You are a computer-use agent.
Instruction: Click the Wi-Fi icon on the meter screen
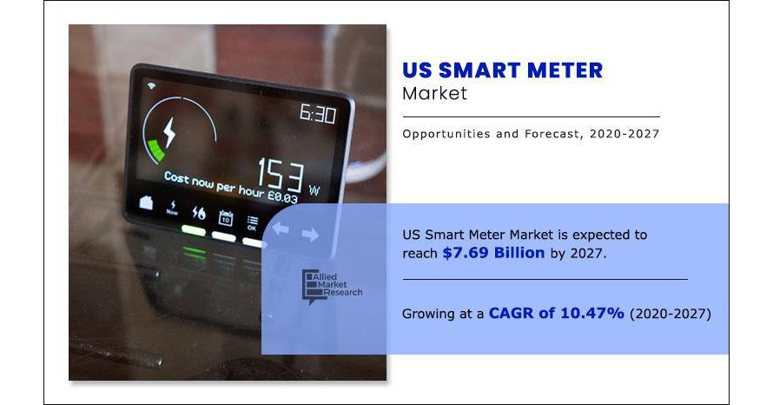[151, 86]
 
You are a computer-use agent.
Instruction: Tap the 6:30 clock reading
[318, 114]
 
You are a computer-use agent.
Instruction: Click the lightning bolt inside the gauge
[169, 132]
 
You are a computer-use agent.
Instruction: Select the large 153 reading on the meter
[281, 174]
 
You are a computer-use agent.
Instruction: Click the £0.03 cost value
[282, 196]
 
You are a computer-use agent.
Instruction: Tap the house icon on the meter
[146, 202]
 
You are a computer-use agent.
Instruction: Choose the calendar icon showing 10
[226, 217]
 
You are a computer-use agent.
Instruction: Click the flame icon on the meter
[199, 213]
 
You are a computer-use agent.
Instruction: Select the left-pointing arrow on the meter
[280, 229]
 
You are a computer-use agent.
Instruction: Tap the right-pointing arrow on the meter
[310, 235]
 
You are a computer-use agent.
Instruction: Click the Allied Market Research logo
[332, 287]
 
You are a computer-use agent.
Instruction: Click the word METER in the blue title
[565, 70]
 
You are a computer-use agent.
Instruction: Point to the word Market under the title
[434, 93]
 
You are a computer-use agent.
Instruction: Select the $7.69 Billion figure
[493, 253]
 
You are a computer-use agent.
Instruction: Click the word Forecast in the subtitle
[552, 134]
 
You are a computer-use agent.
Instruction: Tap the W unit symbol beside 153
[314, 190]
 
